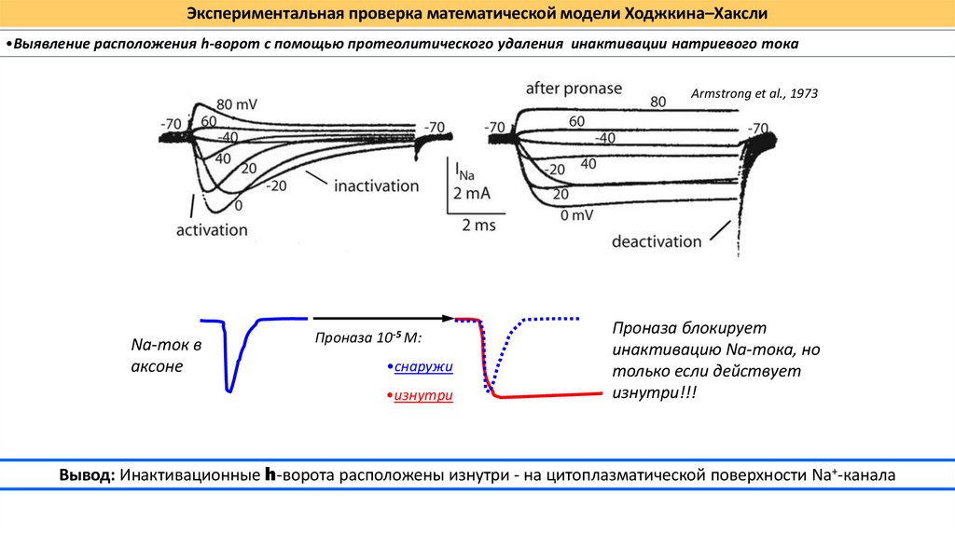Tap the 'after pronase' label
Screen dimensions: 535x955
click(574, 89)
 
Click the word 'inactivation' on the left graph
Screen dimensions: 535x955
click(377, 185)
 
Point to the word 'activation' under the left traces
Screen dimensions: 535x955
click(212, 229)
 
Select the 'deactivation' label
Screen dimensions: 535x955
click(657, 241)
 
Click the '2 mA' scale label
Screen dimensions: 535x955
click(472, 194)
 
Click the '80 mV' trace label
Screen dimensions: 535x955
click(237, 103)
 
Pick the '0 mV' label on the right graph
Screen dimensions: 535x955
click(577, 215)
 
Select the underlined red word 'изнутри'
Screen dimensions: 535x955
click(422, 396)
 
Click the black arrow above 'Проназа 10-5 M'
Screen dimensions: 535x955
click(382, 319)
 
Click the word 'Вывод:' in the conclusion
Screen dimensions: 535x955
click(87, 474)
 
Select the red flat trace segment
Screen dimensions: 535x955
click(550, 395)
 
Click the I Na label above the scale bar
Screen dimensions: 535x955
click(463, 171)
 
